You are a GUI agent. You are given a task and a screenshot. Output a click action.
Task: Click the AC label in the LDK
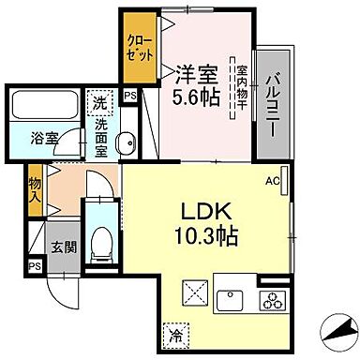(x=274, y=181)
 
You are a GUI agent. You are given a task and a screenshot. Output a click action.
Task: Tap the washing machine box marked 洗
(x=98, y=102)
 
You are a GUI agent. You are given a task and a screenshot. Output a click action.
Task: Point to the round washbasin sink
(x=129, y=142)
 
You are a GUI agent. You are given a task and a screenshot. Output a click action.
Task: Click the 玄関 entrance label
(x=59, y=247)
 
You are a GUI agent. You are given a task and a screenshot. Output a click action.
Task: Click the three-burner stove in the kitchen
(x=272, y=301)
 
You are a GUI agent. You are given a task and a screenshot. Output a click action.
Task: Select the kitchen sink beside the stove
(x=231, y=301)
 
